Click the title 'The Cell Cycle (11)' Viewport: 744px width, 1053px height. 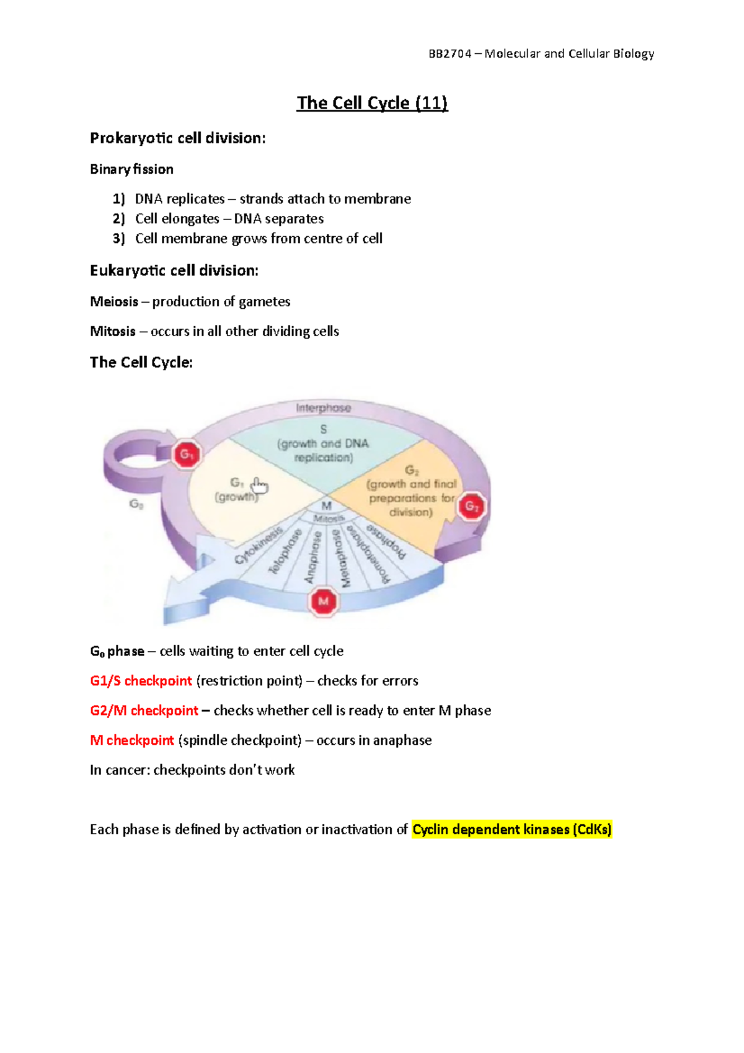pyautogui.click(x=372, y=103)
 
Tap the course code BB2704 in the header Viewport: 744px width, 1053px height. pyautogui.click(x=450, y=54)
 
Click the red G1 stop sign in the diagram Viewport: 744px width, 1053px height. pyautogui.click(x=187, y=455)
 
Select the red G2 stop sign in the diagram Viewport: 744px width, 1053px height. pyautogui.click(x=472, y=507)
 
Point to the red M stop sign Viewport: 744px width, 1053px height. pyautogui.click(x=323, y=601)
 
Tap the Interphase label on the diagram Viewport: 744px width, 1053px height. pyautogui.click(x=323, y=408)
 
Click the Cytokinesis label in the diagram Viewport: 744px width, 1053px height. pyautogui.click(x=259, y=545)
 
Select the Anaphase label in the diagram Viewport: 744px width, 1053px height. pyautogui.click(x=312, y=558)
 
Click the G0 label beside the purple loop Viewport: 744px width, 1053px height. pyautogui.click(x=136, y=504)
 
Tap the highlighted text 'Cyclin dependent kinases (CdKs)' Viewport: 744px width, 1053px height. pyautogui.click(x=511, y=830)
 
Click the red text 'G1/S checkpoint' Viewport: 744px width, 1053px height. pyautogui.click(x=141, y=681)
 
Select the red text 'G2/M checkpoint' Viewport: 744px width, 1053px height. pyautogui.click(x=144, y=711)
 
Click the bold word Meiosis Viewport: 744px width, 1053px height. pyautogui.click(x=114, y=302)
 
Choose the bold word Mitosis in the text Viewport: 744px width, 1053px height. pyautogui.click(x=113, y=332)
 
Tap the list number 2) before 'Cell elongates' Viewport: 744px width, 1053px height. pyautogui.click(x=119, y=219)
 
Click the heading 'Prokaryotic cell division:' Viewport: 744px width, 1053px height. pyautogui.click(x=177, y=138)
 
